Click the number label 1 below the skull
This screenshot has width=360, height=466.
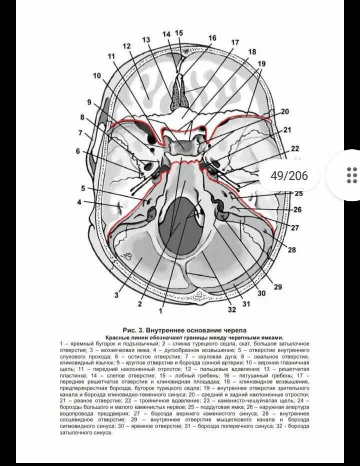pos(160,310)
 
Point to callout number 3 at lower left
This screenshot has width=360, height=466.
pos(116,295)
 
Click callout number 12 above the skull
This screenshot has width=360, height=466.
pos(126,46)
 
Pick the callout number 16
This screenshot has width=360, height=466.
pos(212,38)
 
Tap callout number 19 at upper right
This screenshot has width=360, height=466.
pos(261,63)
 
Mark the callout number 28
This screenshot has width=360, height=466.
pos(292,249)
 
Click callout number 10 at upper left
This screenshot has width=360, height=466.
pos(96,76)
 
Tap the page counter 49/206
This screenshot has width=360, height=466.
pos(289,175)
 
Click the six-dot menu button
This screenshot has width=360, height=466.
pos(351,175)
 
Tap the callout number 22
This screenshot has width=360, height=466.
pos(295,148)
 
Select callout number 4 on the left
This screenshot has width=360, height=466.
pos(79,202)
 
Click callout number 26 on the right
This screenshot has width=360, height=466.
pos(297,210)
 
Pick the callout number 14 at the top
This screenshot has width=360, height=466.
pos(166,33)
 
